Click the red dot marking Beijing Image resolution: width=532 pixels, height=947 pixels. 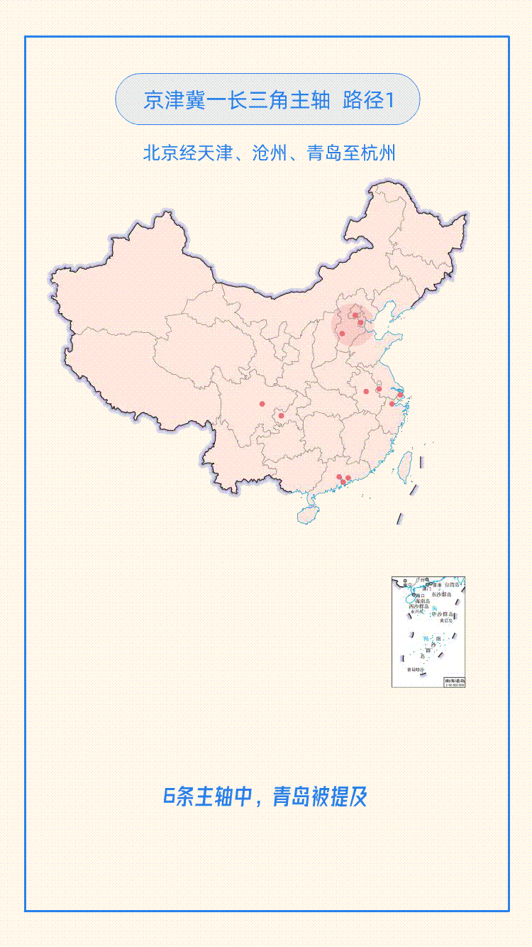click(x=355, y=315)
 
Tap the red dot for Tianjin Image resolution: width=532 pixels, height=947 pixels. click(x=361, y=323)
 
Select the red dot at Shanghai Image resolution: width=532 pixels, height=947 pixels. click(x=400, y=395)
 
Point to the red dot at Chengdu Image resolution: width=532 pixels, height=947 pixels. click(x=262, y=404)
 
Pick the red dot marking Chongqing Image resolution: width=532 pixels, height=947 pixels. click(x=281, y=415)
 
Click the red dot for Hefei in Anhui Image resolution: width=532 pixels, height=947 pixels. click(x=366, y=391)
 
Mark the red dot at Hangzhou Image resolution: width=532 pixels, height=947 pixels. click(x=392, y=404)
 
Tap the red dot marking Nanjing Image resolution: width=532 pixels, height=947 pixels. click(x=379, y=388)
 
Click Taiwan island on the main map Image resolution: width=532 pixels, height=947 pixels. click(x=406, y=465)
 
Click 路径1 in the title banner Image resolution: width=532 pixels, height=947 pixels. click(x=368, y=100)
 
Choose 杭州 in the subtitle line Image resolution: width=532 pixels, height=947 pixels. click(x=377, y=153)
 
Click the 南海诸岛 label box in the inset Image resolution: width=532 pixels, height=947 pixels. click(x=455, y=681)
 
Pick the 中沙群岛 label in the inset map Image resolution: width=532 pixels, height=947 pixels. click(x=443, y=613)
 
